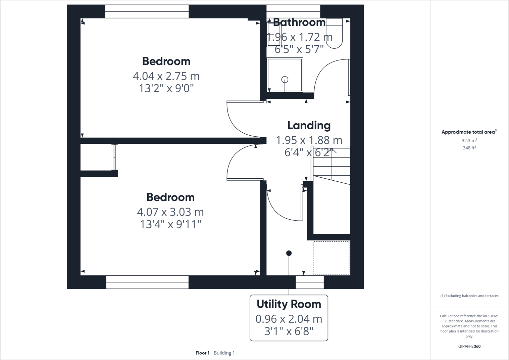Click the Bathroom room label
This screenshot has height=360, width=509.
coord(299,22)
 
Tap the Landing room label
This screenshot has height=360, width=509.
coord(309,125)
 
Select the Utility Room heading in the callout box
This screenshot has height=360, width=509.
coord(289,304)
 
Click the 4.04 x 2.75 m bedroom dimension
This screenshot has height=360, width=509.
coord(166,76)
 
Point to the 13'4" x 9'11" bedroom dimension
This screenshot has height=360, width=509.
coord(170,224)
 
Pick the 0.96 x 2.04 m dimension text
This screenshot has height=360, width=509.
coord(289,319)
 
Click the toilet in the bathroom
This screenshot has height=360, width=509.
coord(334,34)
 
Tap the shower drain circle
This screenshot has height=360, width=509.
coord(285,80)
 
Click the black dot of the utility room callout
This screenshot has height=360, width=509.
coord(289,253)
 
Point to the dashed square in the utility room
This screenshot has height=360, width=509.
coord(331,258)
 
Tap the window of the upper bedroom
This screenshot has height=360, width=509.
coord(147,11)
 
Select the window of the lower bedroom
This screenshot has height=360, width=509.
coord(147,282)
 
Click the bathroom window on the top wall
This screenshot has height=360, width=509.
coord(293,11)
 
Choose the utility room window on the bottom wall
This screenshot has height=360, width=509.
coord(310,282)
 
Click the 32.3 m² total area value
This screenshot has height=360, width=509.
coord(469,140)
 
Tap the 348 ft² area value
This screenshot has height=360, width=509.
coord(469,148)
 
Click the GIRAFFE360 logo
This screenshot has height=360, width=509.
coord(469,346)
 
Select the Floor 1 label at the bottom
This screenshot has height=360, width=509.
coord(202,353)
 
